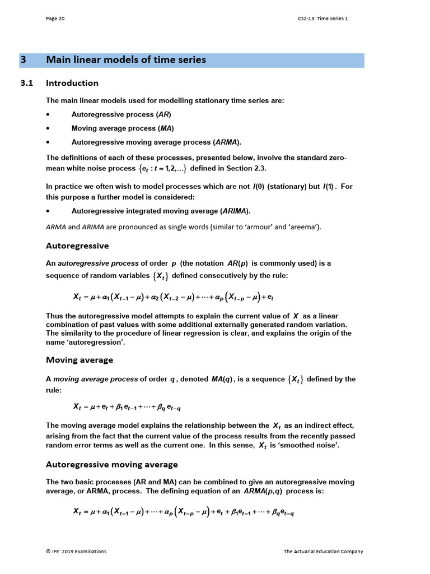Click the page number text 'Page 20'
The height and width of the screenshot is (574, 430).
tap(55, 18)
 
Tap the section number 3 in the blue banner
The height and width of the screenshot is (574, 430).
tap(23, 60)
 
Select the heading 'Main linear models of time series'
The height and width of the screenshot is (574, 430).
tap(126, 60)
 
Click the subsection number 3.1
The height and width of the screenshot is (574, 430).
tap(27, 83)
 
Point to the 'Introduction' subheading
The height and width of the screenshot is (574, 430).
tap(72, 83)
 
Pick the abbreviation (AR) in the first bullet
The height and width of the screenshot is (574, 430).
tap(163, 114)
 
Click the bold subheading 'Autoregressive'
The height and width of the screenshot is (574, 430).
tap(77, 246)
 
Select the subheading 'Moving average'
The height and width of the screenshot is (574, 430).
tap(80, 360)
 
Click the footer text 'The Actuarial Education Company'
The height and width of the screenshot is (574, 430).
tap(323, 552)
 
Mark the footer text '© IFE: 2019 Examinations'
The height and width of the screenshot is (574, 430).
tap(76, 552)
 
